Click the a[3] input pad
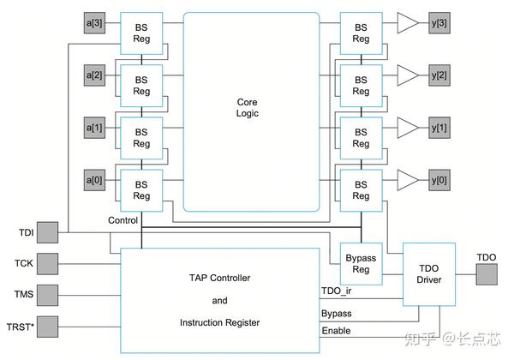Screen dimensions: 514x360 click(x=94, y=23)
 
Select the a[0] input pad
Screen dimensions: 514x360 click(x=94, y=180)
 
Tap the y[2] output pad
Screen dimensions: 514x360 click(x=439, y=75)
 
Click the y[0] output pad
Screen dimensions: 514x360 click(x=439, y=180)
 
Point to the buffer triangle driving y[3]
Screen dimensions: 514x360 click(x=407, y=23)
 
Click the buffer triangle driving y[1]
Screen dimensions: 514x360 click(x=407, y=128)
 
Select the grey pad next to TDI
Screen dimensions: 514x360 click(x=47, y=232)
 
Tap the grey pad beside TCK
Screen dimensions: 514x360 click(x=47, y=264)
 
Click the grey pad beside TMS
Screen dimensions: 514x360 click(x=47, y=295)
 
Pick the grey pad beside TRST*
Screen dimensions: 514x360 click(x=47, y=327)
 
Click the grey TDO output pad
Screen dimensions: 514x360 click(x=487, y=274)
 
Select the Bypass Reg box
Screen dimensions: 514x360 click(x=361, y=264)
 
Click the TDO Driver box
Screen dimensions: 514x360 click(x=429, y=274)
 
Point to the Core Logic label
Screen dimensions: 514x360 click(x=248, y=107)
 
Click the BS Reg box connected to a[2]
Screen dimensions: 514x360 click(x=141, y=86)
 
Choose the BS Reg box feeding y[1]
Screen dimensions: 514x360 click(x=361, y=138)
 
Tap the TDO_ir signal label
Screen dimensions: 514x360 click(x=337, y=291)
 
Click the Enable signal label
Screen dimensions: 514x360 click(x=336, y=331)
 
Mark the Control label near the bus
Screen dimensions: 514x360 click(x=123, y=220)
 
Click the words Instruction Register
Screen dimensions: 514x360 click(x=219, y=322)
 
